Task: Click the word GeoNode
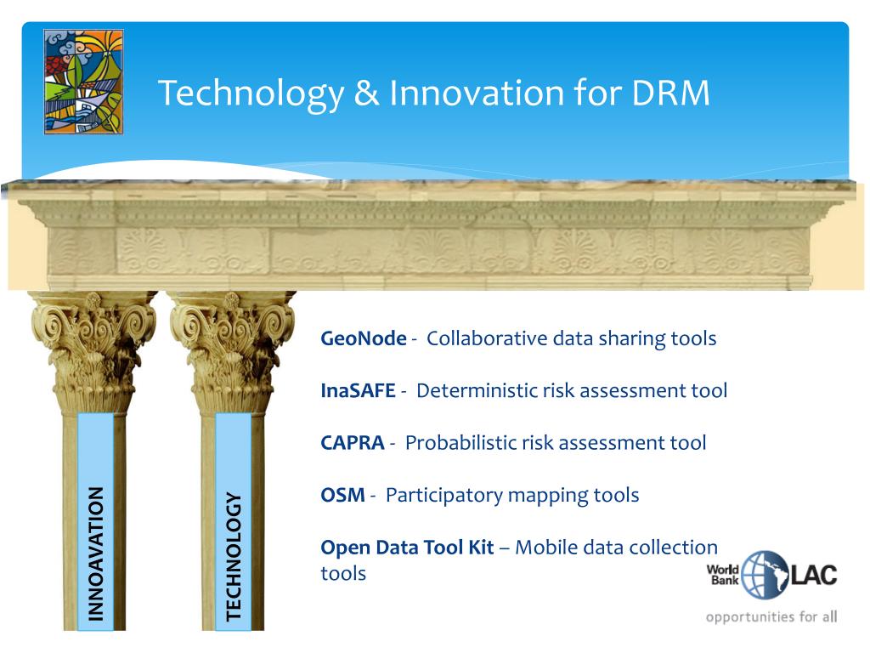coord(364,338)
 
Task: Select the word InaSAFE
coord(358,390)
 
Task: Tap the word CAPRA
coord(353,442)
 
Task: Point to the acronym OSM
coord(343,495)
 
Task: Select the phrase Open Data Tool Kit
coord(407,548)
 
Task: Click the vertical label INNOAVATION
coord(96,554)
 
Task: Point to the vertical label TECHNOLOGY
coord(234,556)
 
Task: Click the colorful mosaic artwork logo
coord(84,82)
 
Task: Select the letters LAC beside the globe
coord(813,575)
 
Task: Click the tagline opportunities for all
coord(771,616)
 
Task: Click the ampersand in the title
coord(366,93)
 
